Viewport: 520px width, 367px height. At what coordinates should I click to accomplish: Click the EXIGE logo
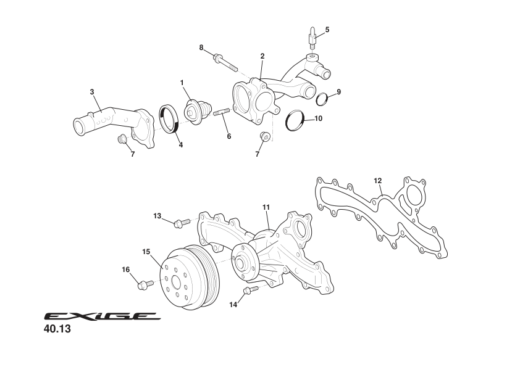(x=102, y=316)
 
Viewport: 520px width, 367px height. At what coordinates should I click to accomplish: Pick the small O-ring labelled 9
(x=322, y=99)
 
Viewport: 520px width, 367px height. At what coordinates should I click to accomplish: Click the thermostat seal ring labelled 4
(x=169, y=118)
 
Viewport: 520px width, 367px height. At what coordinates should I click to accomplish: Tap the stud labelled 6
(x=222, y=112)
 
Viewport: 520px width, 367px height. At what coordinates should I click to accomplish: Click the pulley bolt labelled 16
(x=146, y=284)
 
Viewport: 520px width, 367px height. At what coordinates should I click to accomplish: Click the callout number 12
(x=378, y=181)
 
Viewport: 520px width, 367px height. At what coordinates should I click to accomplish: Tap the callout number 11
(x=266, y=208)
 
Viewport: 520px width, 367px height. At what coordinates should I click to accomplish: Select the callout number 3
(x=92, y=92)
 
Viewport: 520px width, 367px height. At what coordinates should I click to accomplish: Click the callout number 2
(x=262, y=56)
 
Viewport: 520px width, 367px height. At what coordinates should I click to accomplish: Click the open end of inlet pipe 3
(x=79, y=126)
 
